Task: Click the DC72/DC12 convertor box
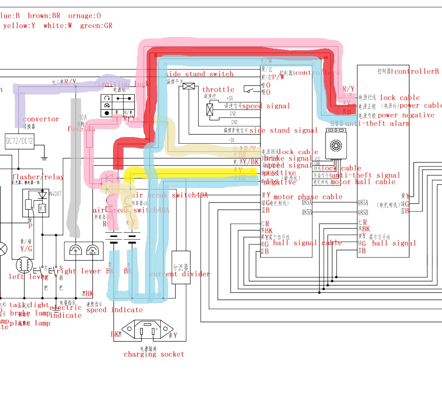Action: pyautogui.click(x=19, y=141)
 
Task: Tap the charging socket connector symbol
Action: pyautogui.click(x=147, y=329)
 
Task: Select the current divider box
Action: pyautogui.click(x=181, y=267)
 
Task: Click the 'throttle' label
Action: pyautogui.click(x=218, y=89)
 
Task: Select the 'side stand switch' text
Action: pyautogui.click(x=199, y=74)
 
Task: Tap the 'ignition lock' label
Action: pyautogui.click(x=123, y=84)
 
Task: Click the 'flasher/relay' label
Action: pyautogui.click(x=38, y=177)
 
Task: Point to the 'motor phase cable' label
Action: pyautogui.click(x=308, y=197)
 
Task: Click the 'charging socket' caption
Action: pyautogui.click(x=154, y=354)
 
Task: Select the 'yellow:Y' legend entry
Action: pyautogui.click(x=19, y=26)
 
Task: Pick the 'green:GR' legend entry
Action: pyautogui.click(x=96, y=26)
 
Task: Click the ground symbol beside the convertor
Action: pyautogui.click(x=44, y=158)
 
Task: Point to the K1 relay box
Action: pyautogui.click(x=42, y=208)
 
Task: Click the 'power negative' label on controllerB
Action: pyautogui.click(x=406, y=115)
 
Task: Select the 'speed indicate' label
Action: pyautogui.click(x=114, y=310)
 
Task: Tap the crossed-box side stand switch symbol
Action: pyautogui.click(x=189, y=86)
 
